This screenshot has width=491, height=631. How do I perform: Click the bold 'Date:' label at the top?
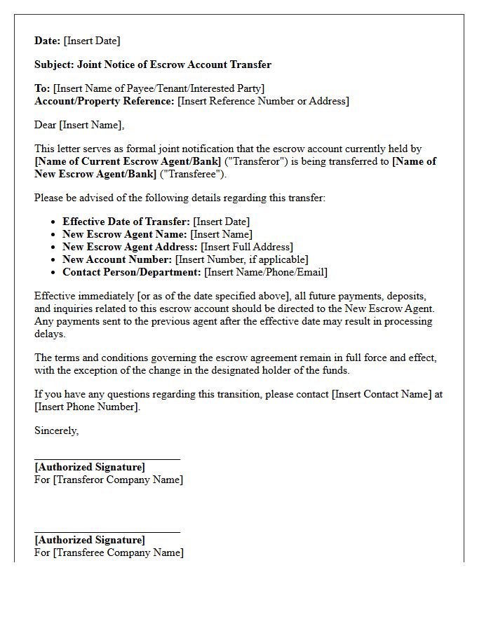point(47,41)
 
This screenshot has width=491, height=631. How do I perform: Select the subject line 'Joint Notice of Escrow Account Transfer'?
point(175,65)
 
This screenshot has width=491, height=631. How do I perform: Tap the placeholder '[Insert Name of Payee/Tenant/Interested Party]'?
point(159,88)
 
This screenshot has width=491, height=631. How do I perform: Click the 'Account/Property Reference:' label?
point(105,101)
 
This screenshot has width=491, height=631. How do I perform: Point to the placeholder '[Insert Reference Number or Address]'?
point(263,101)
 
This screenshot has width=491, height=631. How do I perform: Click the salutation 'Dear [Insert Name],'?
point(79,125)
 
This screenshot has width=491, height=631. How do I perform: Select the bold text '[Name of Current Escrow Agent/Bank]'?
point(128,161)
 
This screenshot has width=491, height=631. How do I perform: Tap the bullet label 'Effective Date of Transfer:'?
point(126,222)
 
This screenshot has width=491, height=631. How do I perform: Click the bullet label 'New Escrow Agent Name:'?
point(125,234)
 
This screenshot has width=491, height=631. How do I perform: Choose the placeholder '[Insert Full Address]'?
point(247,247)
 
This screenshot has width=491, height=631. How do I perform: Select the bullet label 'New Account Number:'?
point(117,259)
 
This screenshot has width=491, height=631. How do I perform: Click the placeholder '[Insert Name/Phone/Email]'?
point(266,272)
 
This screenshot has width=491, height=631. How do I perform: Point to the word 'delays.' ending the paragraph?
point(50,334)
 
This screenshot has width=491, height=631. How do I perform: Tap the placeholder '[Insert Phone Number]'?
point(87,407)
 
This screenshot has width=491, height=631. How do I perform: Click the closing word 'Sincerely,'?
point(57,430)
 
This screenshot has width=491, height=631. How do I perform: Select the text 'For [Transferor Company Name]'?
point(109,480)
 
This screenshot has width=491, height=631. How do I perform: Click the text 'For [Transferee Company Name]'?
point(109,552)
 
